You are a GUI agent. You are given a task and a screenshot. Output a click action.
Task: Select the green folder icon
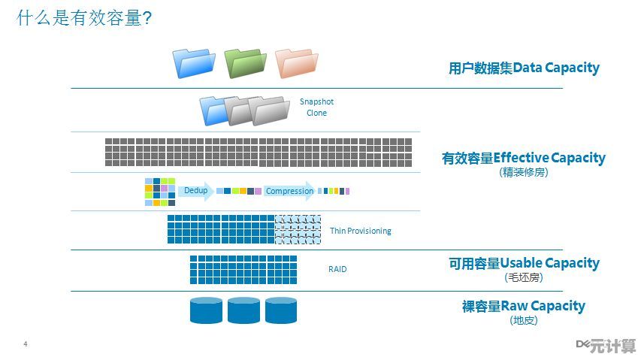pyautogui.click(x=245, y=63)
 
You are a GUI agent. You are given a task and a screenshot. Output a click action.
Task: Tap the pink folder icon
pyautogui.click(x=295, y=63)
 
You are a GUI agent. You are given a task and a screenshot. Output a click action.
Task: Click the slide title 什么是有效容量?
pyautogui.click(x=84, y=18)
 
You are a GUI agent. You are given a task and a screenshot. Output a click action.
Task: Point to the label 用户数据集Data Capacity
pyautogui.click(x=524, y=68)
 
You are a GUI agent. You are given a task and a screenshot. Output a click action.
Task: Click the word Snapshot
pyautogui.click(x=316, y=101)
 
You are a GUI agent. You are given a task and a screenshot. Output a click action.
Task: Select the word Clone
pyautogui.click(x=316, y=113)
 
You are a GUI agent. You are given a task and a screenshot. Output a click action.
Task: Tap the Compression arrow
pyautogui.click(x=290, y=191)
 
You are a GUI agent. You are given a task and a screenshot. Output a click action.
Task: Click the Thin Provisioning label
pyautogui.click(x=360, y=231)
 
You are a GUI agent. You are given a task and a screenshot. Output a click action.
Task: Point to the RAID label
pyautogui.click(x=337, y=269)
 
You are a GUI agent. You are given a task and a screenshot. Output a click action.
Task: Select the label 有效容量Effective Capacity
pyautogui.click(x=523, y=158)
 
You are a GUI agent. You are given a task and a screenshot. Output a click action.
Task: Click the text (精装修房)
pyautogui.click(x=523, y=172)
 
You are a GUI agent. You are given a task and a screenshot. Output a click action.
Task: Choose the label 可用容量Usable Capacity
pyautogui.click(x=524, y=263)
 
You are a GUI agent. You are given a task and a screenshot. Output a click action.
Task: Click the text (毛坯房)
pyautogui.click(x=524, y=277)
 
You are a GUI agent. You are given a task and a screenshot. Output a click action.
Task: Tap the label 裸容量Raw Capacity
pyautogui.click(x=523, y=306)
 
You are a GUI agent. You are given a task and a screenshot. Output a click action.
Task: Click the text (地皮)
pyautogui.click(x=524, y=320)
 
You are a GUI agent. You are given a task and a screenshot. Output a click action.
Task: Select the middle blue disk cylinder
pyautogui.click(x=243, y=310)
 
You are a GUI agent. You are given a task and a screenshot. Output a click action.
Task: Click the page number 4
pyautogui.click(x=26, y=344)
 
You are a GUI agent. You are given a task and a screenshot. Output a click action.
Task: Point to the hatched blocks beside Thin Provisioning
pyautogui.click(x=298, y=228)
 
